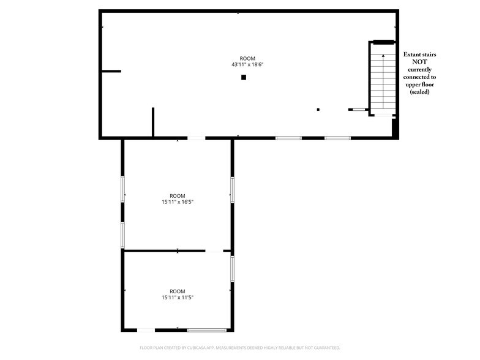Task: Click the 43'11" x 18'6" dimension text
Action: pyautogui.click(x=247, y=65)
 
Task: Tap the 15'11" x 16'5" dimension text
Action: pyautogui.click(x=178, y=202)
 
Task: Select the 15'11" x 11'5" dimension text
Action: pyautogui.click(x=178, y=298)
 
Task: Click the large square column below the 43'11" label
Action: pyautogui.click(x=244, y=77)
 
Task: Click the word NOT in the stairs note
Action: pyautogui.click(x=420, y=62)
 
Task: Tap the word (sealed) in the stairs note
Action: pyautogui.click(x=420, y=92)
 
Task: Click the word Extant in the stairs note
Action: pyautogui.click(x=412, y=54)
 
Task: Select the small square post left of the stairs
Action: pyautogui.click(x=318, y=109)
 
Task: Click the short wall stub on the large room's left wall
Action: pyautogui.click(x=111, y=71)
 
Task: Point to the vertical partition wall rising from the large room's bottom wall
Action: pyautogui.click(x=153, y=122)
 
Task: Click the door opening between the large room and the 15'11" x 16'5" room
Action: pyautogui.click(x=196, y=138)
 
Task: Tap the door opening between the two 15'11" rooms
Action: pyautogui.click(x=214, y=251)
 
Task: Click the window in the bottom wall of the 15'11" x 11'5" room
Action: pyautogui.click(x=207, y=330)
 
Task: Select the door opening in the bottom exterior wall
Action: pyautogui.click(x=146, y=330)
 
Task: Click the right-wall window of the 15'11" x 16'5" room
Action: pyautogui.click(x=233, y=190)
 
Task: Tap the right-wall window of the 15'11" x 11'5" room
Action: pyautogui.click(x=233, y=269)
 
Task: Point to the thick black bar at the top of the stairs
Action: pyautogui.click(x=383, y=42)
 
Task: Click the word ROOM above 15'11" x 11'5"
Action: pyautogui.click(x=178, y=291)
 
